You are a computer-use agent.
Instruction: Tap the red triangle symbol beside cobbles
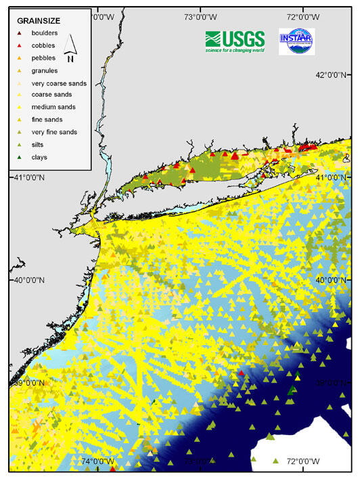click(20, 45)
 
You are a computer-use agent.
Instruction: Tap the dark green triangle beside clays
click(20, 157)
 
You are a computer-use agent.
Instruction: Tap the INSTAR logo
click(296, 41)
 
